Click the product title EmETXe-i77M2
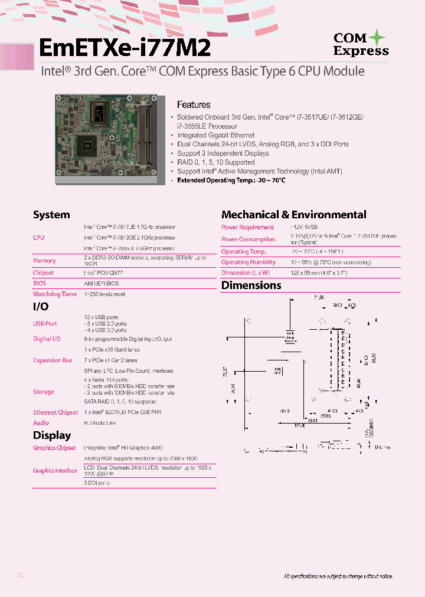click(x=124, y=47)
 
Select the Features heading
click(x=194, y=105)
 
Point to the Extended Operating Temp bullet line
click(x=231, y=180)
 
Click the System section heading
click(x=51, y=215)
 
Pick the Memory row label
click(x=44, y=261)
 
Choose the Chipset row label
click(x=43, y=273)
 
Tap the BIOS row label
click(x=40, y=283)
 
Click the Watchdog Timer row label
click(x=55, y=294)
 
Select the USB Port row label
click(x=45, y=324)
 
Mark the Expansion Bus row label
click(x=53, y=360)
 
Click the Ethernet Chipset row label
click(x=55, y=412)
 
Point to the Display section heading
click(x=52, y=435)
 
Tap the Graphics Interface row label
click(x=55, y=471)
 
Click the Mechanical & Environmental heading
click(x=293, y=215)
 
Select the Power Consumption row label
click(x=248, y=240)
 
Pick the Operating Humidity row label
click(x=248, y=263)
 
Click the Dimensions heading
click(x=251, y=286)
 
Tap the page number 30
click(x=21, y=576)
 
